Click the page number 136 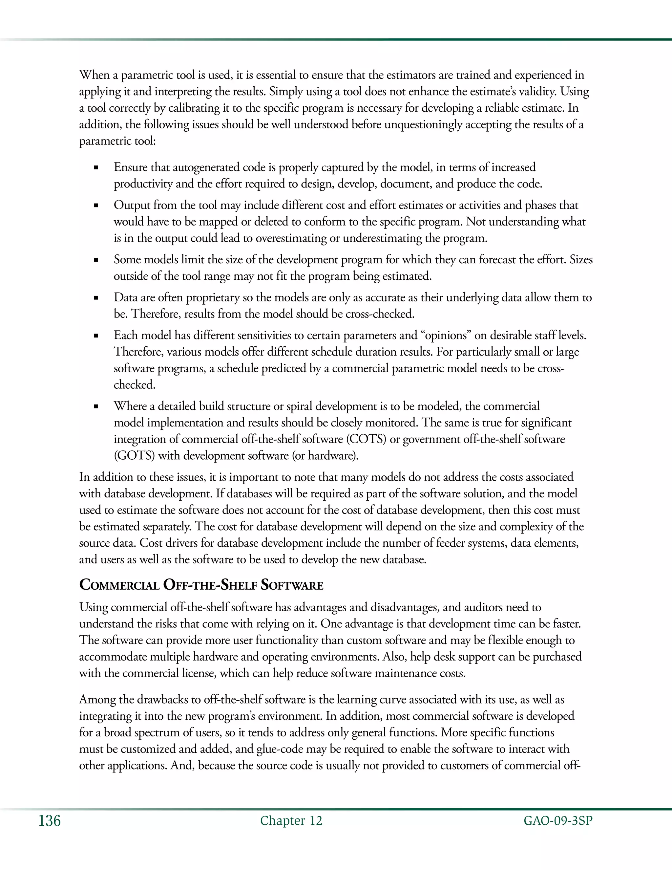[x=49, y=821]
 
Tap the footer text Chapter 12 [x=291, y=821]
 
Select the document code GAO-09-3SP [x=558, y=821]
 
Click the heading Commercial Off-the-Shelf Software [x=201, y=585]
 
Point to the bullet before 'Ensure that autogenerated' [x=96, y=168]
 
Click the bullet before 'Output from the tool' [x=96, y=206]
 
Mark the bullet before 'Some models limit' [x=96, y=260]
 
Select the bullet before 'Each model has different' [x=96, y=336]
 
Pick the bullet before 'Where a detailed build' [x=96, y=407]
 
